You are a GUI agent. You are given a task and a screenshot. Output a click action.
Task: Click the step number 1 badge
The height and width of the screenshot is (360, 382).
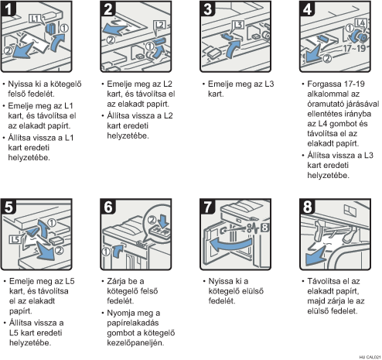tap(9, 9)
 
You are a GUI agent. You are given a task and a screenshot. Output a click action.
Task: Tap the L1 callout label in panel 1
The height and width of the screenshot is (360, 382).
tap(35, 19)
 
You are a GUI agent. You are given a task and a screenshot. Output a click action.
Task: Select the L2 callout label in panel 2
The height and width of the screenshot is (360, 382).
tap(159, 25)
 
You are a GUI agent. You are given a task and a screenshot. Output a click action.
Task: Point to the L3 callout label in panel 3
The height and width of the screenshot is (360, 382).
tap(238, 25)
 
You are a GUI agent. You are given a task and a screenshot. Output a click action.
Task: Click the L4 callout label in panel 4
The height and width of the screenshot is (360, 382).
tap(360, 23)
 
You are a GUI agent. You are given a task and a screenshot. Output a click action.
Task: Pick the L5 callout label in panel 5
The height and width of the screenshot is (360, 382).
tap(15, 239)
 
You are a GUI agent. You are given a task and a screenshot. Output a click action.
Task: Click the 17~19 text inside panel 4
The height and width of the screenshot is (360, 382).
tap(354, 48)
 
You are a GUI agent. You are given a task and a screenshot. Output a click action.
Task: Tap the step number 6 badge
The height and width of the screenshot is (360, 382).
tap(108, 207)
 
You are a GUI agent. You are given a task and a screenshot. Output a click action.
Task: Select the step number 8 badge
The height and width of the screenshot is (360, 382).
tap(308, 207)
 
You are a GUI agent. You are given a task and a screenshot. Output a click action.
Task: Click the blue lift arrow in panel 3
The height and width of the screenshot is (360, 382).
tap(232, 49)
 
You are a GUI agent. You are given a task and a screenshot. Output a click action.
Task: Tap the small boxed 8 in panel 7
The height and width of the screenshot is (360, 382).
tap(264, 228)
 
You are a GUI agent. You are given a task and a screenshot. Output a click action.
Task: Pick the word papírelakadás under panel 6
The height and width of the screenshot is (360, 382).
tap(133, 323)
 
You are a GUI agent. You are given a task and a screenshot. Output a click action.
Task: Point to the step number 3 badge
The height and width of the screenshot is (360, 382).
tap(208, 9)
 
